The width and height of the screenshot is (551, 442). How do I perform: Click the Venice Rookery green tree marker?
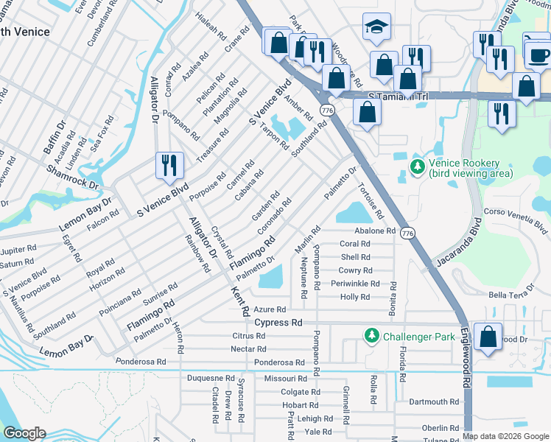[418, 167]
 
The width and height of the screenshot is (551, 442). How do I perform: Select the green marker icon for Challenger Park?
[372, 337]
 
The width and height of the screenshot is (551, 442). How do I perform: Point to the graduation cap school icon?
[376, 28]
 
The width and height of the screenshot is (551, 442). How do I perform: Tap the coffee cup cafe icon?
[538, 54]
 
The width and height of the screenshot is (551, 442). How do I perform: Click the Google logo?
[24, 433]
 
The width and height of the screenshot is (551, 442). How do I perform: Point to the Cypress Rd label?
[278, 323]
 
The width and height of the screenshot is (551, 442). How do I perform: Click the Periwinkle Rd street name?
[355, 284]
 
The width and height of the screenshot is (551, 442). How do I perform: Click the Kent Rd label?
[242, 302]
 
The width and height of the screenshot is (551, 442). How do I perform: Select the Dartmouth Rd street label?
[434, 402]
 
